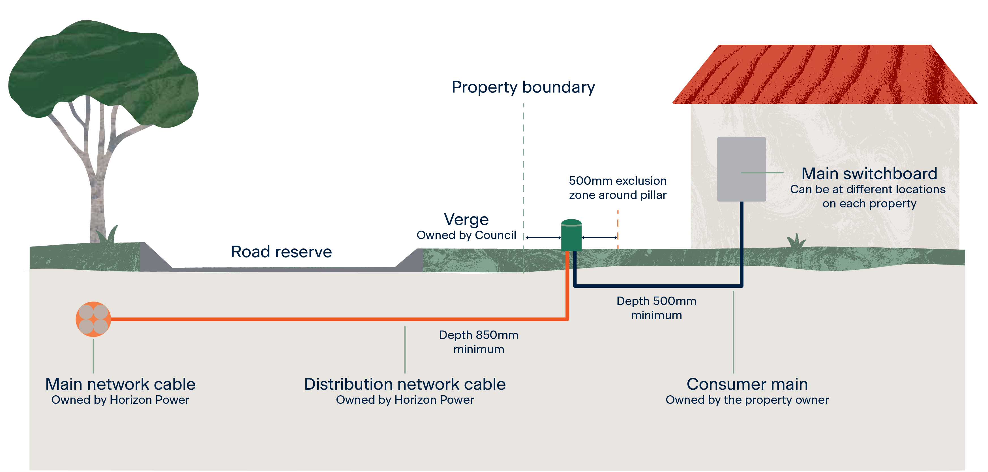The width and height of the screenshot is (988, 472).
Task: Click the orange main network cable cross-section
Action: point(93,319)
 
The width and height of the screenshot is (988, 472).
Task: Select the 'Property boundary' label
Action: point(523,87)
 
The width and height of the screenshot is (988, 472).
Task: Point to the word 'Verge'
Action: point(466,220)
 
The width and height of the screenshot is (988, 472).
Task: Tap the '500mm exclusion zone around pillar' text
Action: point(618,188)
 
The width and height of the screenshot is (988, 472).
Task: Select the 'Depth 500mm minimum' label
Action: point(656,308)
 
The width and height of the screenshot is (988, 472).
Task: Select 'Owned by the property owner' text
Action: point(747,400)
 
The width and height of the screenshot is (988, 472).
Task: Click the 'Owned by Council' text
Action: point(466,235)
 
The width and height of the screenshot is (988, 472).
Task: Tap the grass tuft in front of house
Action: point(796,242)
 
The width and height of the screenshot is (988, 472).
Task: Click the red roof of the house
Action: point(825,75)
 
